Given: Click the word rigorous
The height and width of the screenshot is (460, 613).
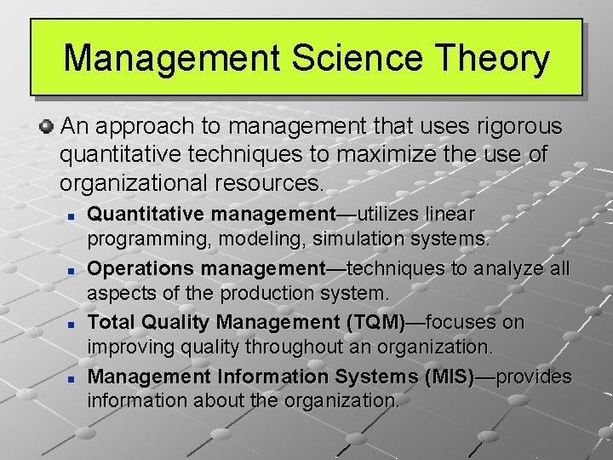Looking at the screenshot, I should click(509, 127).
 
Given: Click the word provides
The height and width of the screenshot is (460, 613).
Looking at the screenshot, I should click(536, 377).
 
